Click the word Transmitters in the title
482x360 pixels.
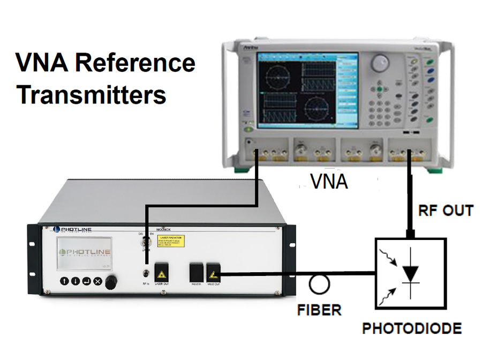click(x=91, y=95)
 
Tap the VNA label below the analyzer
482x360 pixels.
click(x=329, y=182)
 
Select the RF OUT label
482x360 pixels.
click(x=446, y=211)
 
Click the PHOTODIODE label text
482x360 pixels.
click(x=412, y=328)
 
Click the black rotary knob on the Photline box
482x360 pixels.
click(x=111, y=282)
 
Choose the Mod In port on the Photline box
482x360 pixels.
click(x=195, y=273)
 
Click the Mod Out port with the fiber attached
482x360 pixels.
click(x=214, y=273)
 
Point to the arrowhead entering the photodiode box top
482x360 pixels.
click(x=411, y=234)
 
